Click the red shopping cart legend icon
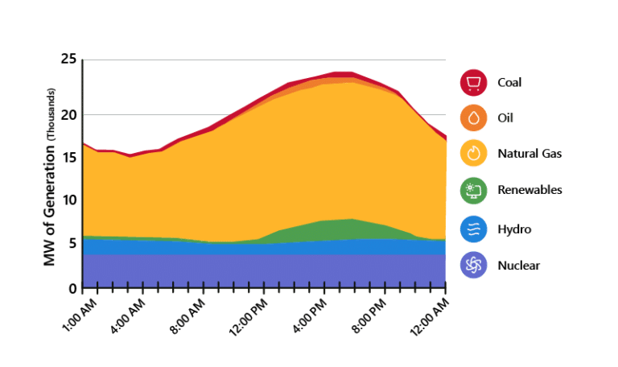click(473, 82)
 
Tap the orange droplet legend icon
click(473, 118)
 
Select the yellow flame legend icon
click(473, 154)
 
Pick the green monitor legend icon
click(473, 191)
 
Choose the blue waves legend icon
click(473, 229)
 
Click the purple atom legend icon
click(473, 266)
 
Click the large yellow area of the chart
click(266, 169)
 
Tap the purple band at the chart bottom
click(266, 270)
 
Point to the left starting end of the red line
click(84, 143)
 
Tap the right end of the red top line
click(445, 138)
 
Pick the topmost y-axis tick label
click(71, 60)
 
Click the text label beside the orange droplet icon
click(506, 118)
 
